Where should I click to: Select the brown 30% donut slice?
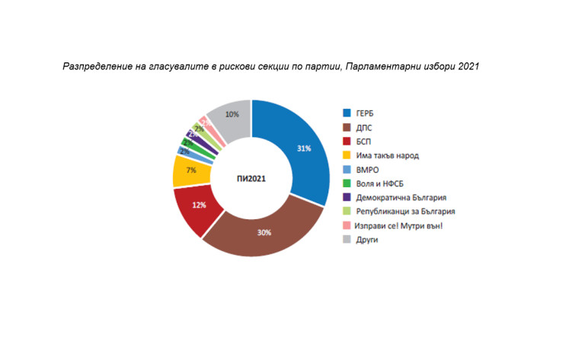click(263, 231)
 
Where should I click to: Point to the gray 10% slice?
click(231, 116)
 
